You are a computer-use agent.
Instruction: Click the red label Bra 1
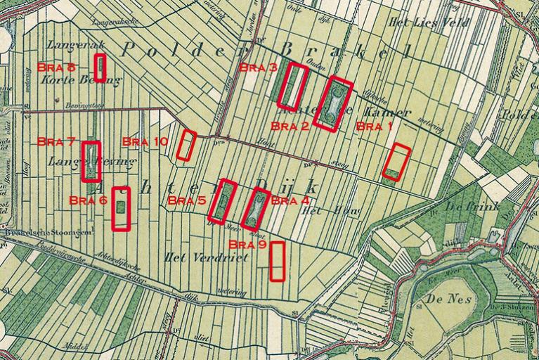(x=375, y=127)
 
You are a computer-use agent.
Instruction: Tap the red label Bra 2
(x=290, y=127)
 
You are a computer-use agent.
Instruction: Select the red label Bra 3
(x=258, y=67)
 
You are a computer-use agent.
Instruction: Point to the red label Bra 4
(x=290, y=200)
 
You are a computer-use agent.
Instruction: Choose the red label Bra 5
(x=187, y=201)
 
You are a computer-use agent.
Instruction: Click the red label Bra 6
(x=89, y=200)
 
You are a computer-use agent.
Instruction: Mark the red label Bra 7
(x=56, y=141)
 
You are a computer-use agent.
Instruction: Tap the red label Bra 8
(x=56, y=67)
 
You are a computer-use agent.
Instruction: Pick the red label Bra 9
(x=248, y=245)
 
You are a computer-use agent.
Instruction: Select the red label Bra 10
(x=145, y=141)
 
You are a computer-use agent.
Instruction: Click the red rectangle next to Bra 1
(x=397, y=161)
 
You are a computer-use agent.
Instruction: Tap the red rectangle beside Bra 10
(x=186, y=145)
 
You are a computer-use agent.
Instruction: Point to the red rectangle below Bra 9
(x=278, y=261)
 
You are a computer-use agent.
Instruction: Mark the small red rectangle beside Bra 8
(x=100, y=68)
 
